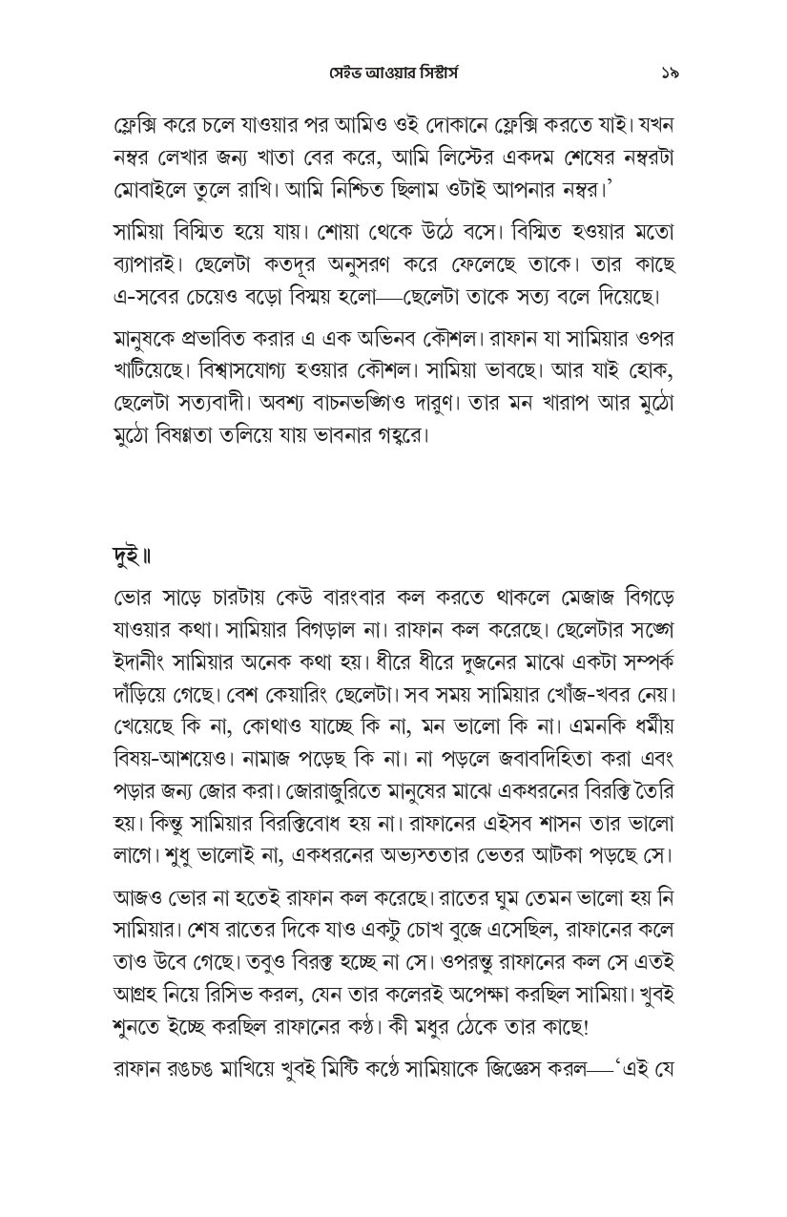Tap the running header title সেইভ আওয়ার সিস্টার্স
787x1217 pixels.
pos(393,73)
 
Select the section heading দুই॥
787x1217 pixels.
pos(135,555)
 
